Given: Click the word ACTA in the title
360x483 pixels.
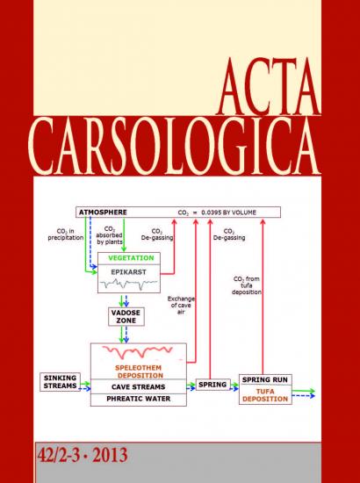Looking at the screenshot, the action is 269,87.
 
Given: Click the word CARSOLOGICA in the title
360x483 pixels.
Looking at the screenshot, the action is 175,147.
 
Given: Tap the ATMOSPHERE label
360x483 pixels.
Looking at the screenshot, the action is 103,213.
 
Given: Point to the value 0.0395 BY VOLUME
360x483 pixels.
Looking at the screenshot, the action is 228,213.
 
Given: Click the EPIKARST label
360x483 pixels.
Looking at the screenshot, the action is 128,272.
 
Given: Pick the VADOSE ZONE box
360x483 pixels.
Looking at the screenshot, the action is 126,317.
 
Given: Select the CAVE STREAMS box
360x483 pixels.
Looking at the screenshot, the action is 139,386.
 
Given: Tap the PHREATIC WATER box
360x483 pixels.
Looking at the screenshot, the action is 139,400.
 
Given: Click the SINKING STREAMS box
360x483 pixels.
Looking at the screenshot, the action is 60,382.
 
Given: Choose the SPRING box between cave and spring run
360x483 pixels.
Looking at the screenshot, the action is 212,385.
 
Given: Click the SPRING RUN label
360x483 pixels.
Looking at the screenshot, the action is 265,379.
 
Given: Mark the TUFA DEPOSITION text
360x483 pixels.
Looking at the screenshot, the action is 265,395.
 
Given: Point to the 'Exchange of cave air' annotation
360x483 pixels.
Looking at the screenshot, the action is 181,306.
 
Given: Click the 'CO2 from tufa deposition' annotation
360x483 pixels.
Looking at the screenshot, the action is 247,285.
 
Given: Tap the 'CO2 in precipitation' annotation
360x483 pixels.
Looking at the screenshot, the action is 66,234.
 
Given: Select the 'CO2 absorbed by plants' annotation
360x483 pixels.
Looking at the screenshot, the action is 110,235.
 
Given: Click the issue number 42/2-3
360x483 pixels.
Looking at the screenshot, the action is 59,455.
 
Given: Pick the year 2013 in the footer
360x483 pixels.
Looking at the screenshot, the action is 110,455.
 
